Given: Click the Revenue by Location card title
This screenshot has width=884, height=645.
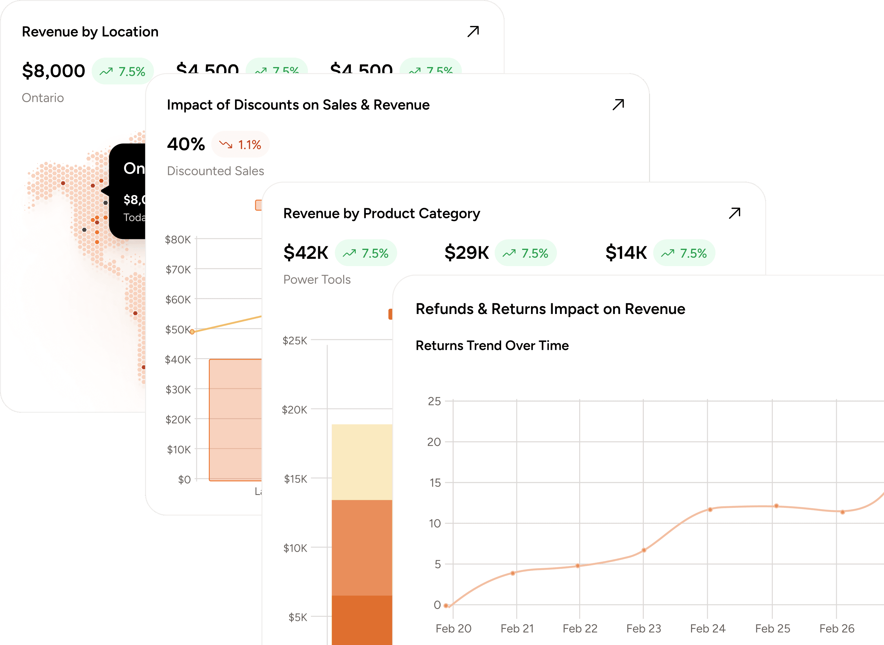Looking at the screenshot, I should point(90,32).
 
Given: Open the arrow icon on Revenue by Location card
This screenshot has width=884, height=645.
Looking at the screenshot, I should point(473,31).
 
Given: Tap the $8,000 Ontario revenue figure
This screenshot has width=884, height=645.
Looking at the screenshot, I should point(53,71).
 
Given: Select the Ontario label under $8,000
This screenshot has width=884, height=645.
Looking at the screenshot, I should point(43,98).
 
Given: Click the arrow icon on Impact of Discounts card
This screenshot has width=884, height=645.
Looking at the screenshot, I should point(618,105).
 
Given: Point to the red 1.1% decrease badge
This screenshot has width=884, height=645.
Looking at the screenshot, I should point(240,144).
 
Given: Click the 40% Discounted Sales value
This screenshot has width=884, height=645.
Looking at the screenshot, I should point(186,144).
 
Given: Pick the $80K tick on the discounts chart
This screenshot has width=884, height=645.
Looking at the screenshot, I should point(178,239).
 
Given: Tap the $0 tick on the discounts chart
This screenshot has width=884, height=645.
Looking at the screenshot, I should point(184,479).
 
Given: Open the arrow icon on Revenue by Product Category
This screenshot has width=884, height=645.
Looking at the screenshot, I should point(734,213).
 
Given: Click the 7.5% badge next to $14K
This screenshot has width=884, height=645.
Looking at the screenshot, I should point(684,253).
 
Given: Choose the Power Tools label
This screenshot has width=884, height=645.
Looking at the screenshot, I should point(317,280).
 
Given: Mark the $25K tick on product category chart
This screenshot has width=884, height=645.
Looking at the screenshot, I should point(295,340).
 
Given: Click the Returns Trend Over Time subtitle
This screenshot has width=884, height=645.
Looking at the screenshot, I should point(492,346).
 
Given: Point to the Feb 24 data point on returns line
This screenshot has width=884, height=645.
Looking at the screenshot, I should point(710,510).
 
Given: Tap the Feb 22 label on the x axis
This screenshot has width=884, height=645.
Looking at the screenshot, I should point(580,629).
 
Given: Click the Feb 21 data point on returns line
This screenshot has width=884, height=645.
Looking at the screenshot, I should point(513,573).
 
